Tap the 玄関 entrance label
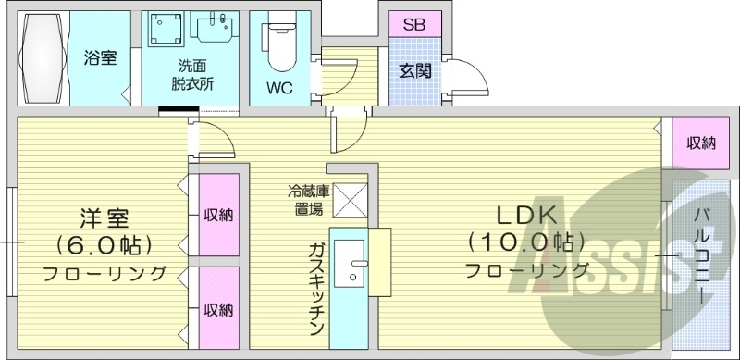tap(414, 71)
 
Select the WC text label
tap(282, 89)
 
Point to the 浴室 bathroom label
tap(101, 58)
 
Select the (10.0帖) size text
tap(526, 242)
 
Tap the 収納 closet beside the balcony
tap(700, 143)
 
